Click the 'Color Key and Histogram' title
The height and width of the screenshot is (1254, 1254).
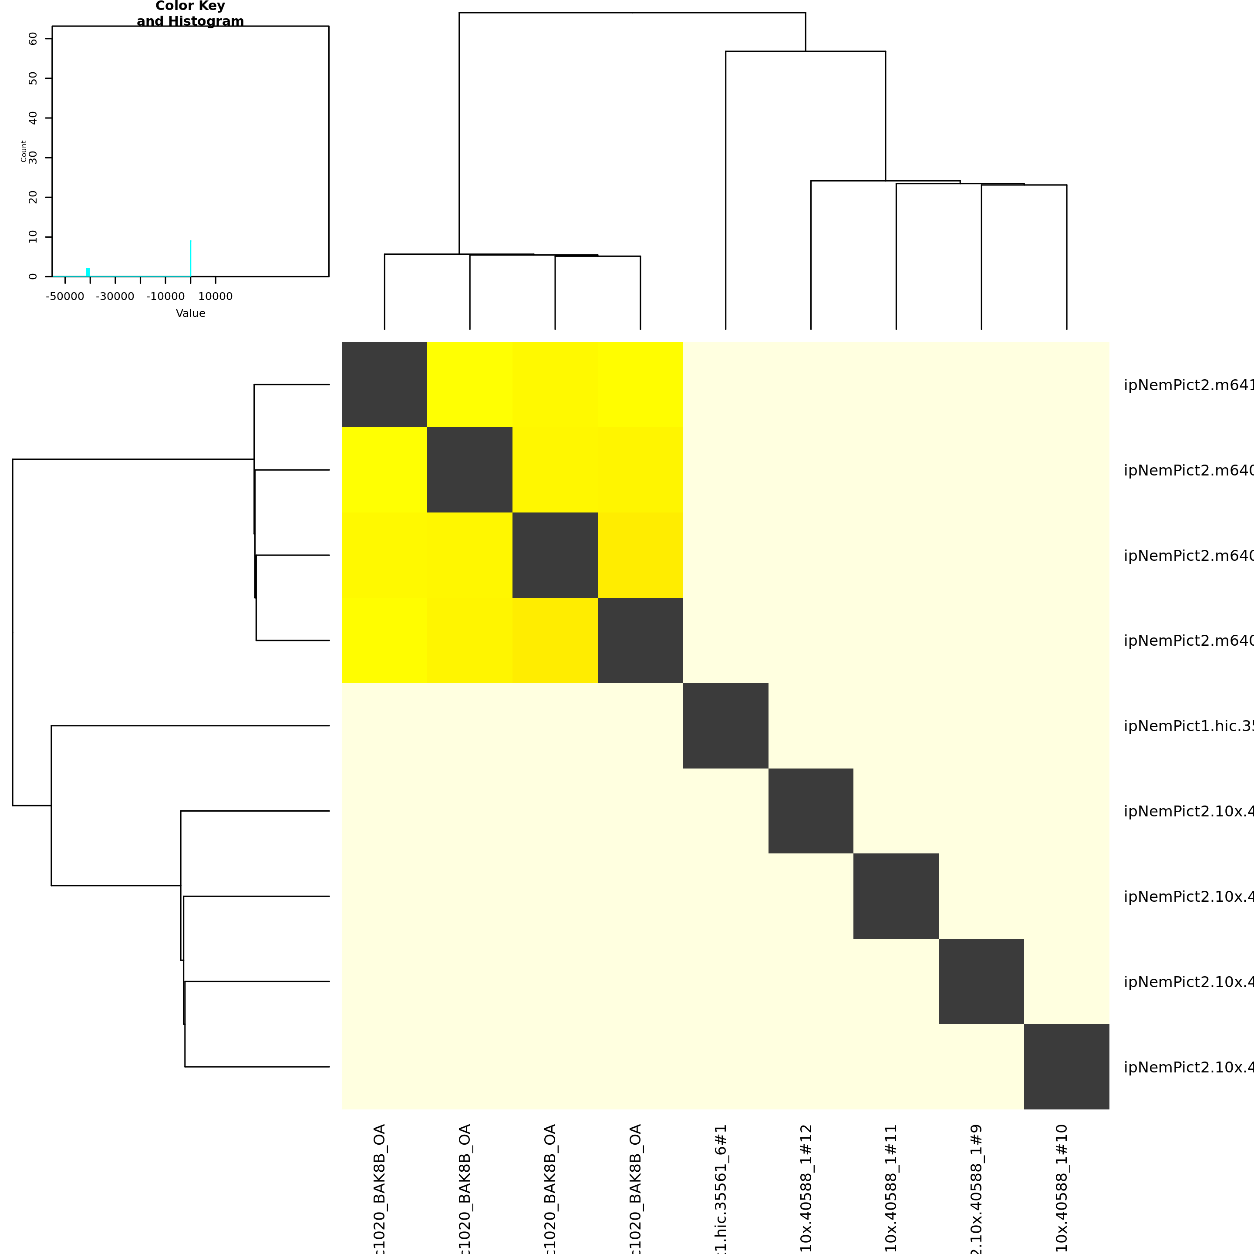click(190, 13)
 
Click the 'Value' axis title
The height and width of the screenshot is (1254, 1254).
click(190, 313)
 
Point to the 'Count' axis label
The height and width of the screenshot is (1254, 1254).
click(24, 151)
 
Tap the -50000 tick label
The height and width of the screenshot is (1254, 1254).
click(65, 297)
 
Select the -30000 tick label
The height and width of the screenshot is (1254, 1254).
click(115, 297)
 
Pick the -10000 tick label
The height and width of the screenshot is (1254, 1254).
click(165, 297)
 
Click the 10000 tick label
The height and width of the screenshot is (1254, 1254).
click(216, 297)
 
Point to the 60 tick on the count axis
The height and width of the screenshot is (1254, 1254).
click(33, 39)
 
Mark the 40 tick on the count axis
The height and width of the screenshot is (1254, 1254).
click(33, 118)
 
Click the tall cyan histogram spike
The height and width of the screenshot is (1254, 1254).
click(190, 258)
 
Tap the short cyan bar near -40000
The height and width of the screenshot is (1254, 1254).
click(88, 272)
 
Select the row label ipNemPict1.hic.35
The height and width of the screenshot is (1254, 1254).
click(1188, 726)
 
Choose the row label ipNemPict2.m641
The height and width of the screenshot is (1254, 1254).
click(1188, 385)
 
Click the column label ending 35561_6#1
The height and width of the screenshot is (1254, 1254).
click(721, 1188)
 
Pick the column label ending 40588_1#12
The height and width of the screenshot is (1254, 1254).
click(806, 1188)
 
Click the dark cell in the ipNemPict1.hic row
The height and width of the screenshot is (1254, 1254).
click(726, 726)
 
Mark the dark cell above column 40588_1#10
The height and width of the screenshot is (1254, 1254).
click(1066, 1066)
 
